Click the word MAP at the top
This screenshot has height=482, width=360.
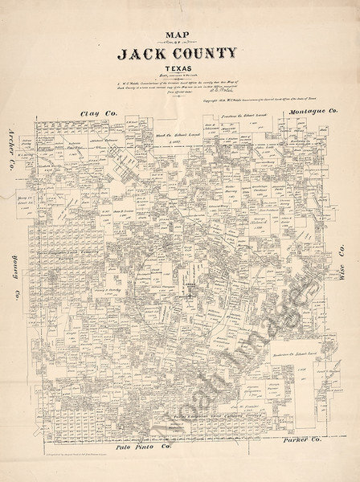(178, 35)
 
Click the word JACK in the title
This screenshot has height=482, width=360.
(141, 55)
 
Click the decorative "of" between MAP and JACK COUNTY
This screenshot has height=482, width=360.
(178, 44)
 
